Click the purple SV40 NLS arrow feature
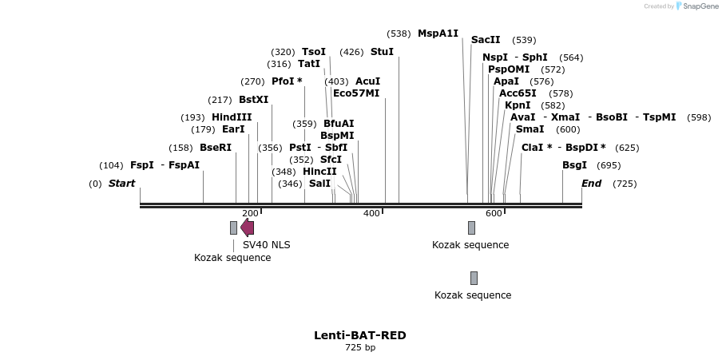(248, 227)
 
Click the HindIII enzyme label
(232, 117)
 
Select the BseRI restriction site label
(215, 148)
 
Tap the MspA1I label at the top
(438, 34)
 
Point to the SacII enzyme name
(486, 40)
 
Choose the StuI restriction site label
(382, 52)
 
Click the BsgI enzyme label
(574, 165)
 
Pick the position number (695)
(609, 165)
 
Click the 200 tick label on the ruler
(250, 213)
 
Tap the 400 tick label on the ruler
(371, 213)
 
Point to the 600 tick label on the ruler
(494, 213)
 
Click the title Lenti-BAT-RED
(359, 335)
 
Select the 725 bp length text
(359, 348)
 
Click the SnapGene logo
(697, 6)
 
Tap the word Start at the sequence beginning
(121, 184)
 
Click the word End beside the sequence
(591, 184)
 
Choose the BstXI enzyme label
(253, 100)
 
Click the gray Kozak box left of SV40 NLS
(233, 227)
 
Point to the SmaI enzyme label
(530, 129)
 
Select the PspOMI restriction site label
(509, 69)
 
